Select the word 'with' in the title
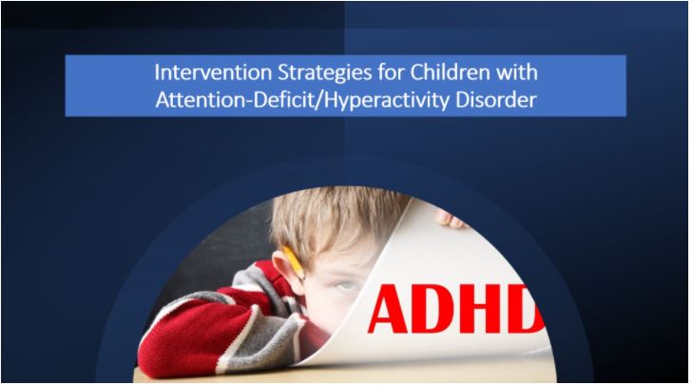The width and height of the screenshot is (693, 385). point(516,73)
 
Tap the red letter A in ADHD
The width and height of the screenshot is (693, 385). point(389,309)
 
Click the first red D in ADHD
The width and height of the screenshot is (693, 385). point(433,309)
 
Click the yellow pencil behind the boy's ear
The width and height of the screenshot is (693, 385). point(294,263)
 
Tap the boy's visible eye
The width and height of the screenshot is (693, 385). point(346,285)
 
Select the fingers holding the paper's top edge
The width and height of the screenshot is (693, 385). point(450,220)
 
